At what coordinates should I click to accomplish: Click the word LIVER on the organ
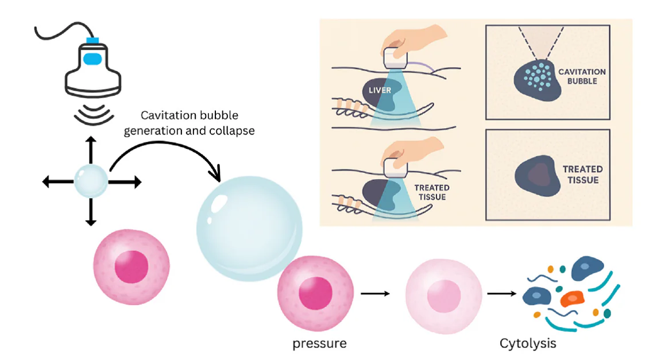[380, 90]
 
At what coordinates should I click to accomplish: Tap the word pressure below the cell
[319, 344]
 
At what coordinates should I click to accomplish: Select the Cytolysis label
[528, 344]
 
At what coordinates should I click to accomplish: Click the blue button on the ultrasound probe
[92, 58]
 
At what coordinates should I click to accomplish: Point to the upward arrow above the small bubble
[91, 150]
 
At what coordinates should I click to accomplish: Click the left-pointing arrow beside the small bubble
[58, 182]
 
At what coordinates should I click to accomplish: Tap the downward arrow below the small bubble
[91, 212]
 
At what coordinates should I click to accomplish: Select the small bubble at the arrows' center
[91, 181]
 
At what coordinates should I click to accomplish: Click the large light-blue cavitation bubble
[249, 229]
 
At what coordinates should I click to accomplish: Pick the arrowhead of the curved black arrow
[216, 173]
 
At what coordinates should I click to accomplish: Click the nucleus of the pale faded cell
[444, 296]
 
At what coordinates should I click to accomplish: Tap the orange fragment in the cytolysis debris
[572, 299]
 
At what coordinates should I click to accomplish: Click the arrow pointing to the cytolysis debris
[502, 294]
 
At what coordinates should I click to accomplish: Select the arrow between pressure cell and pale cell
[376, 294]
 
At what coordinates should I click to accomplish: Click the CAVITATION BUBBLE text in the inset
[582, 76]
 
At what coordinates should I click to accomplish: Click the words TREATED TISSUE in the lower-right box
[582, 175]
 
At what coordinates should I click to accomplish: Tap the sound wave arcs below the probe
[94, 114]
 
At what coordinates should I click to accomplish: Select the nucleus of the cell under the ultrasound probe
[132, 267]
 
